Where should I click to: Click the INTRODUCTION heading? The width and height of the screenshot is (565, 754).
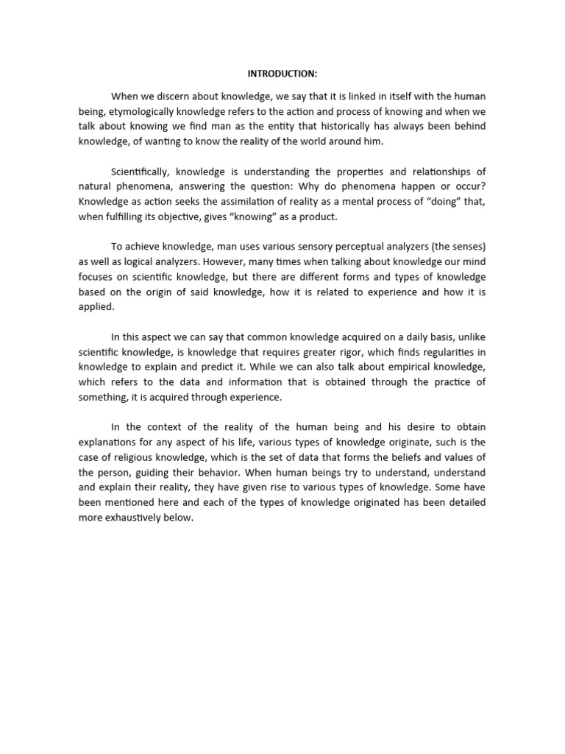[282, 74]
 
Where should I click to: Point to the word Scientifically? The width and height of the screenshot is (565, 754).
[141, 172]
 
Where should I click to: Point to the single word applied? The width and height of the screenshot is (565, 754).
[94, 307]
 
